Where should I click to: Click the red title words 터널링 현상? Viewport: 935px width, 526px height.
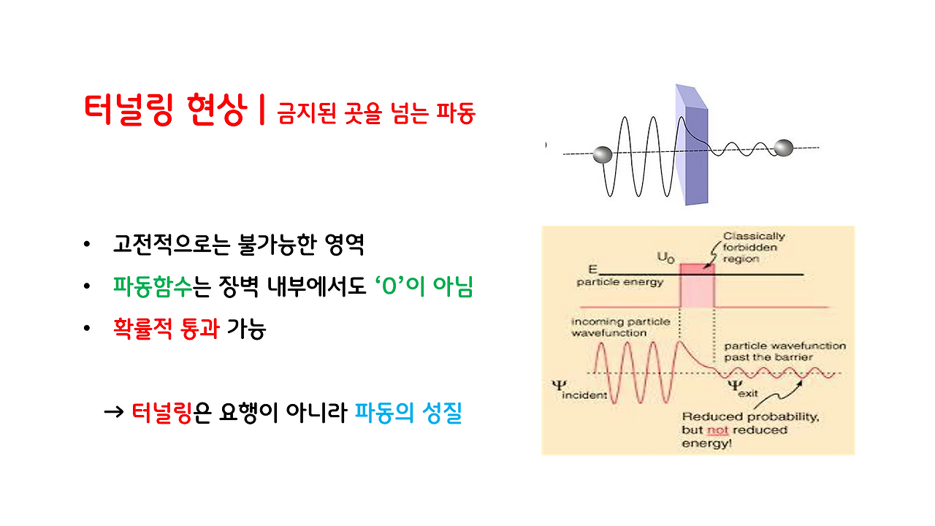point(164,112)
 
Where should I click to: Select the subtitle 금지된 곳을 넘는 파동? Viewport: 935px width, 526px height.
point(376,114)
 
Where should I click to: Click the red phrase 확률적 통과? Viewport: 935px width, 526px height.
point(166,329)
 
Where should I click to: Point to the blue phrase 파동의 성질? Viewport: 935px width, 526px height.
point(408,413)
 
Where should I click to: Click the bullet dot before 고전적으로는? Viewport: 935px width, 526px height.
point(88,245)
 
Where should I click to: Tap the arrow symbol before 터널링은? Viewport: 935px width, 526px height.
point(114,413)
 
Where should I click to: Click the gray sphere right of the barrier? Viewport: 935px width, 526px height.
point(782,148)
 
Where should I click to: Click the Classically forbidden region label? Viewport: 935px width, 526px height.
point(754,247)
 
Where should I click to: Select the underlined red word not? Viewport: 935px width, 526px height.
point(717,430)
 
